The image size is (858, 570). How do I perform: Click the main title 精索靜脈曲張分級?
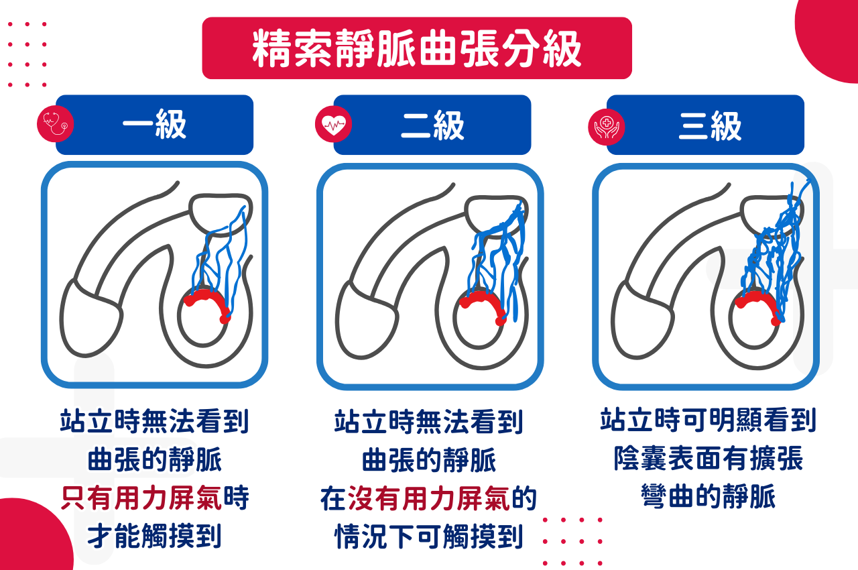tap(416, 48)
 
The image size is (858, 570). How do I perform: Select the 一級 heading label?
tap(154, 125)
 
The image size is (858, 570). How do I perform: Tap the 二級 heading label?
tap(432, 125)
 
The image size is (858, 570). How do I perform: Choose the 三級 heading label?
tap(710, 125)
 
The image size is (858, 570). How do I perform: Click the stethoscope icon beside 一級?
tap(55, 123)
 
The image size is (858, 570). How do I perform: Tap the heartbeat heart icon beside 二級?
tap(333, 123)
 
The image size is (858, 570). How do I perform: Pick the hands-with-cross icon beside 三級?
tap(606, 126)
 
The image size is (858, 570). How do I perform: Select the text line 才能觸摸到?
tap(154, 536)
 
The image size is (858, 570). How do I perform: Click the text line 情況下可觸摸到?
tap(429, 537)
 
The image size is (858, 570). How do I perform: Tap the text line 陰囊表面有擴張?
tap(708, 459)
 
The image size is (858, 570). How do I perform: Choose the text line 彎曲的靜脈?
tap(708, 498)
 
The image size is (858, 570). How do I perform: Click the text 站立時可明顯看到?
tap(708, 421)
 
